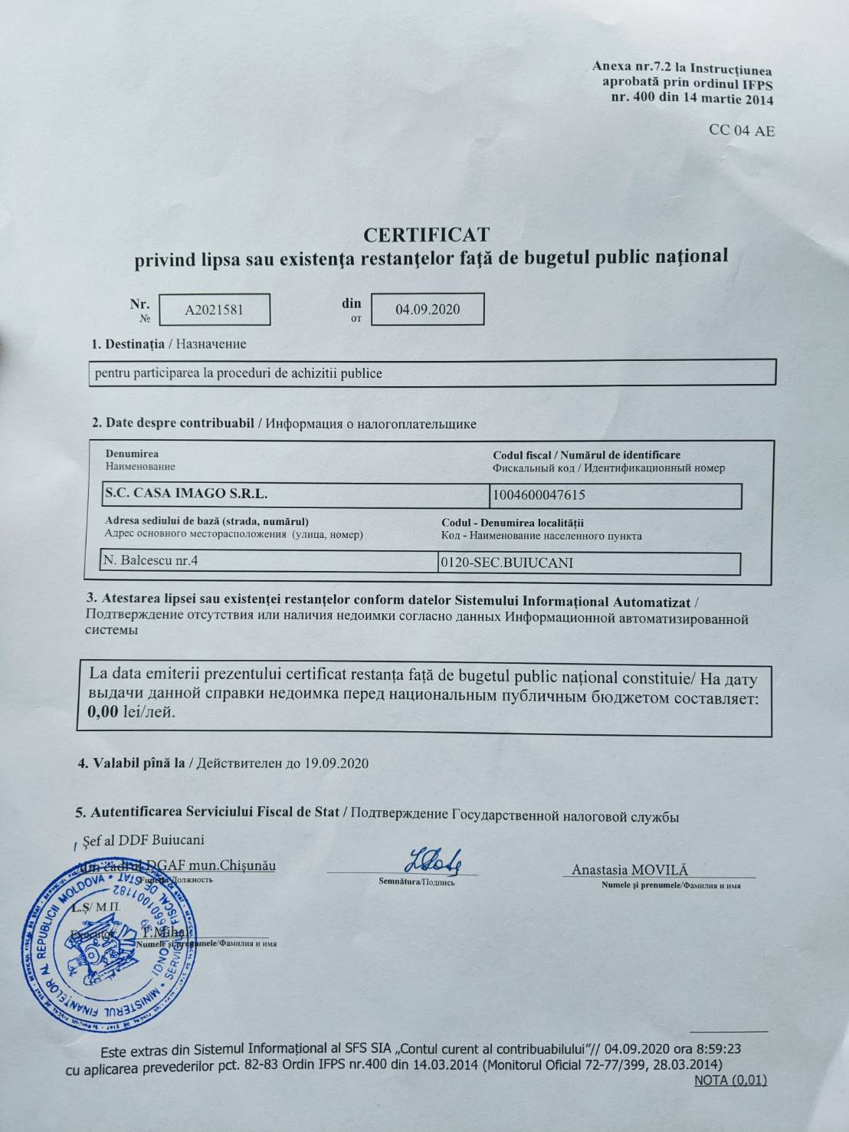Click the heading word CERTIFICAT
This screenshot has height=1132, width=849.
[x=426, y=234]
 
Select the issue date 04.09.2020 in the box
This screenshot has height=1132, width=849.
[x=428, y=309]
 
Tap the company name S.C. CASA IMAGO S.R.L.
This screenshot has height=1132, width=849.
[x=186, y=494]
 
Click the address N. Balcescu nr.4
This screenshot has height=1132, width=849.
[x=151, y=560]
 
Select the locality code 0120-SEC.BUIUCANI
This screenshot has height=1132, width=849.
[x=506, y=563]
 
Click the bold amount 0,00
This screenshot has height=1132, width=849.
[x=103, y=711]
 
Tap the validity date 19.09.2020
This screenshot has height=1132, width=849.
[x=336, y=763]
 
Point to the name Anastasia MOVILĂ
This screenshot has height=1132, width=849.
[x=630, y=870]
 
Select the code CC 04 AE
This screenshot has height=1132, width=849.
[x=742, y=131]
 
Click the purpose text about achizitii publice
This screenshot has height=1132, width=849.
[x=238, y=374]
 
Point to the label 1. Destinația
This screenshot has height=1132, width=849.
[x=127, y=343]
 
